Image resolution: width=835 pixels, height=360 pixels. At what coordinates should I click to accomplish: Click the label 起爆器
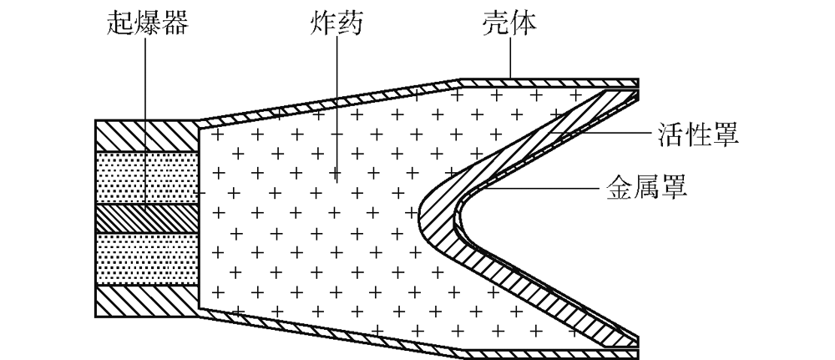[x=148, y=23]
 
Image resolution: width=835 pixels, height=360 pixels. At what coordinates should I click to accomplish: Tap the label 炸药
[x=336, y=23]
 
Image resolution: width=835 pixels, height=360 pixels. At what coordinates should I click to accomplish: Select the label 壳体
[x=509, y=23]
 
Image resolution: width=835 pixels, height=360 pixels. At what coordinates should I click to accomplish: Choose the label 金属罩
[x=646, y=187]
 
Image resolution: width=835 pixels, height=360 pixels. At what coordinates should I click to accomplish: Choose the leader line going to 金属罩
[x=539, y=187]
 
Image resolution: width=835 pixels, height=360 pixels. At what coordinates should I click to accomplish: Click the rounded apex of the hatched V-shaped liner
[x=434, y=217]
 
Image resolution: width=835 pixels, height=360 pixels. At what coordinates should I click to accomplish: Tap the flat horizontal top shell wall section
[x=549, y=83]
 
